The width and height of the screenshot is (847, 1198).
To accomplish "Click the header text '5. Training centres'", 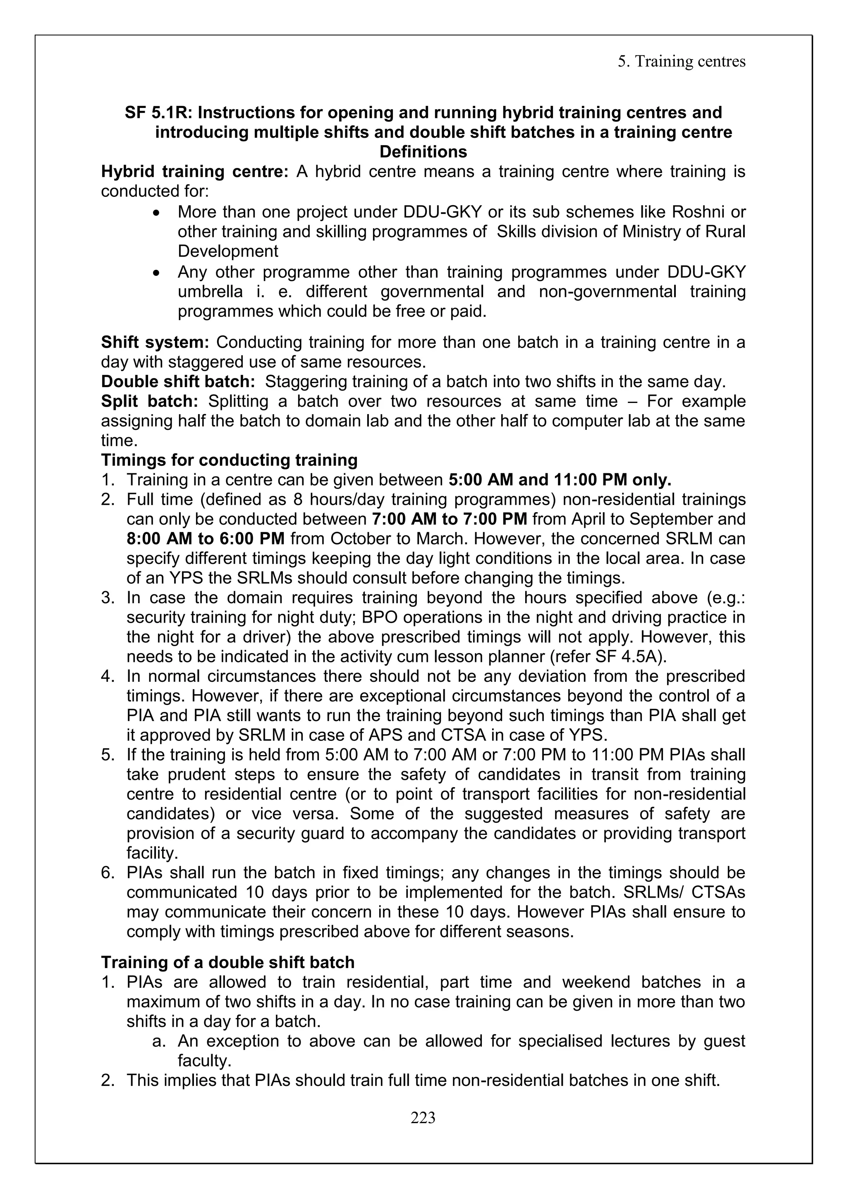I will point(682,62).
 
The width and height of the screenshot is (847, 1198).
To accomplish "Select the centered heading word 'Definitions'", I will point(423,152).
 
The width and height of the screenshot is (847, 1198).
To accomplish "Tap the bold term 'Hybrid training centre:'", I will point(194,172).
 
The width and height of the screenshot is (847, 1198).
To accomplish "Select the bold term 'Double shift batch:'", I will point(178,382).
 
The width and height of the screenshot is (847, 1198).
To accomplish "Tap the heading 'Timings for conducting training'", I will point(230,460).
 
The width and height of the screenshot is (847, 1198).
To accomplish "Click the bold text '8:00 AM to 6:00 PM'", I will point(206,539).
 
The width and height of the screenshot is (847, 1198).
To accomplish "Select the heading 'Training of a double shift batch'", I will point(228,962).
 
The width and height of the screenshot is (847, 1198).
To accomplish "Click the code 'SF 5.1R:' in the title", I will point(158,113).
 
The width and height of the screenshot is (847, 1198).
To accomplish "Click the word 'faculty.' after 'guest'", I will point(204,1061).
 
